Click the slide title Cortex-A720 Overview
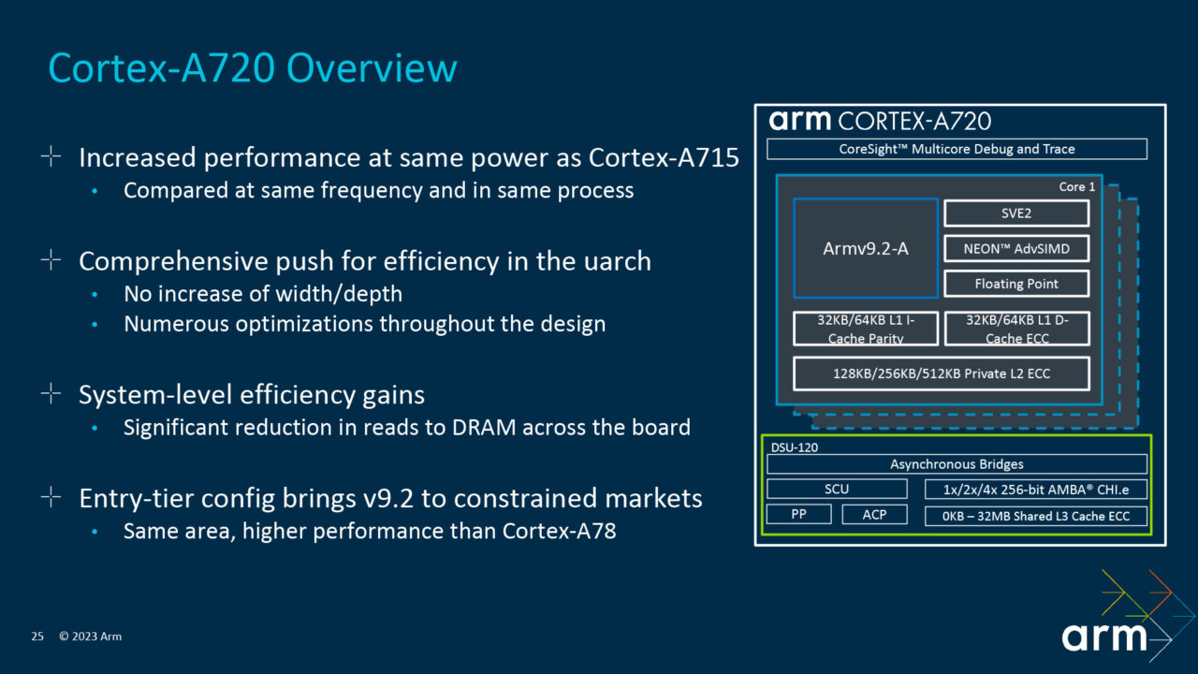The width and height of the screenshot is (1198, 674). [x=253, y=69]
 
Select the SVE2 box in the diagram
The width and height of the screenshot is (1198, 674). [x=1015, y=213]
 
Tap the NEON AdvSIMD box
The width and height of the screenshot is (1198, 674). [x=1015, y=249]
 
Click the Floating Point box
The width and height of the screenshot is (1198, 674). [x=1015, y=284]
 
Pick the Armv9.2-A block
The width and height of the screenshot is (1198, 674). [x=865, y=248]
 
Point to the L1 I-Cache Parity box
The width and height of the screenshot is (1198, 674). [x=865, y=329]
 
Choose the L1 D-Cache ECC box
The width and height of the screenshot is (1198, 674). [x=1016, y=329]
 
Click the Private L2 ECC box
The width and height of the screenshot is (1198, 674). [x=941, y=374]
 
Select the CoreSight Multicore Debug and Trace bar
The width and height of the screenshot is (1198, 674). [x=957, y=149]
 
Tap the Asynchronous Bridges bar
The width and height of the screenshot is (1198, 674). [x=957, y=464]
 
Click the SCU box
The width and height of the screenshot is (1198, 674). [x=837, y=489]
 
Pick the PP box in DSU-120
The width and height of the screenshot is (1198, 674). [x=798, y=515]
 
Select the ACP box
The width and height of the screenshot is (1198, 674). [x=874, y=515]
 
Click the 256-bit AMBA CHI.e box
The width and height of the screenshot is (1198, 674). [x=1035, y=489]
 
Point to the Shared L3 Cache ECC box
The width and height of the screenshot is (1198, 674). [x=1035, y=516]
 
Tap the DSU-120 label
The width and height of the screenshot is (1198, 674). [x=793, y=447]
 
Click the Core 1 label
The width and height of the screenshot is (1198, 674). [x=1076, y=187]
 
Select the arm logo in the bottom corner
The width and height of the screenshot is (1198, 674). [x=1104, y=637]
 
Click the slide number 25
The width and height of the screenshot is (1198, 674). [x=37, y=637]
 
